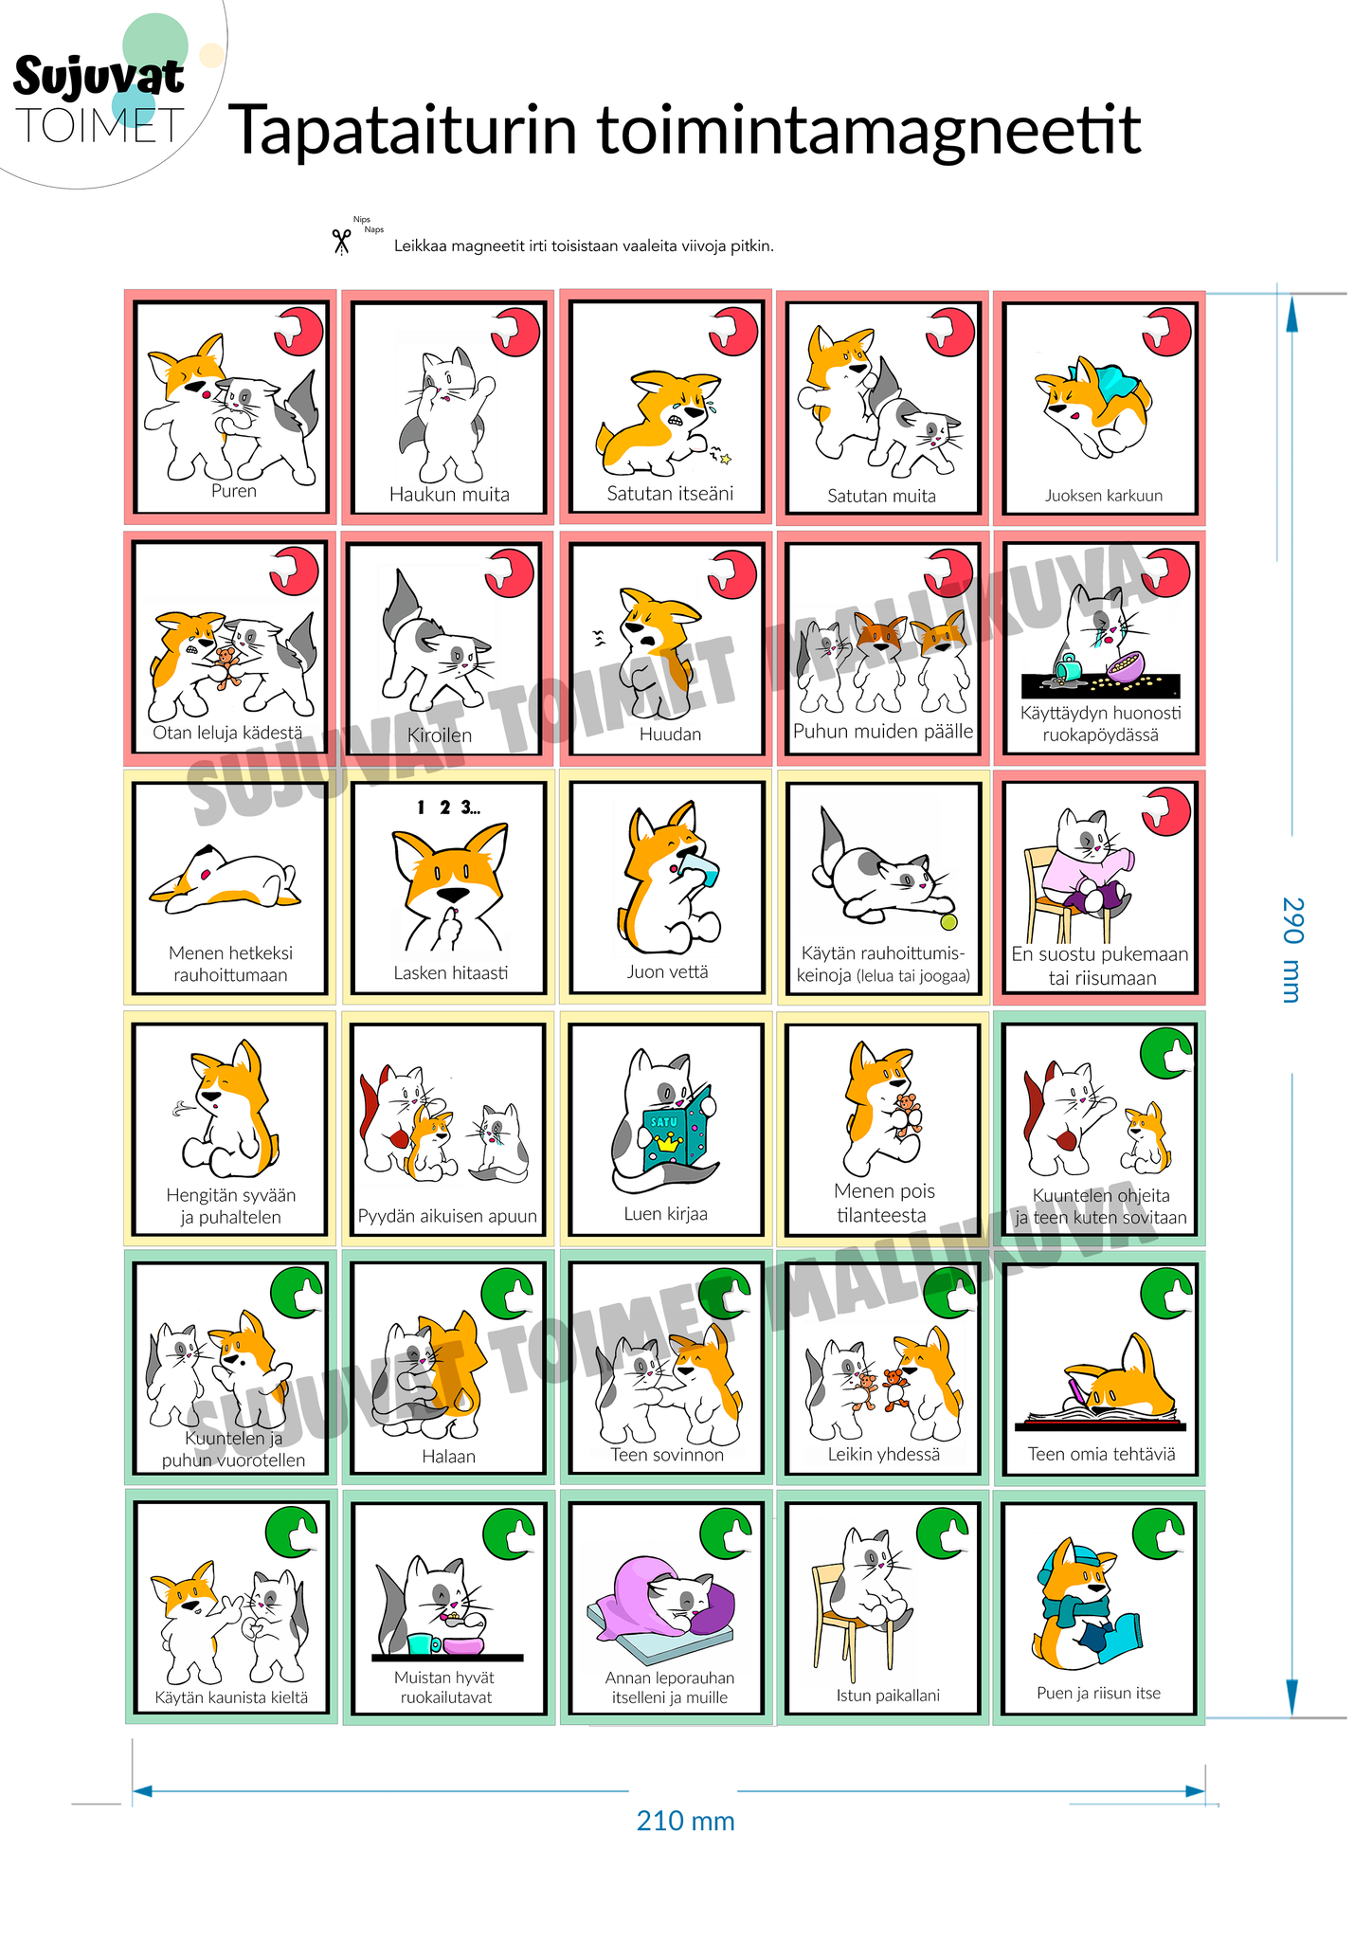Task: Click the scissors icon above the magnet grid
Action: click(341, 242)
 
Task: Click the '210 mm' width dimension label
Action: click(686, 1821)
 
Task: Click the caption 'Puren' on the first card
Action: click(234, 491)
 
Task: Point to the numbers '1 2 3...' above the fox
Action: click(448, 807)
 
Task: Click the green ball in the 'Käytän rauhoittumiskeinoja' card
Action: click(948, 921)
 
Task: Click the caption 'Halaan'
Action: click(449, 1456)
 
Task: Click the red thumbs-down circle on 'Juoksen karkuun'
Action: click(1166, 332)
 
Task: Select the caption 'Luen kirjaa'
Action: click(665, 1213)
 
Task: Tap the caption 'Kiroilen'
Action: click(440, 735)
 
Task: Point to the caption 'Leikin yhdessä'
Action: click(884, 1454)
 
